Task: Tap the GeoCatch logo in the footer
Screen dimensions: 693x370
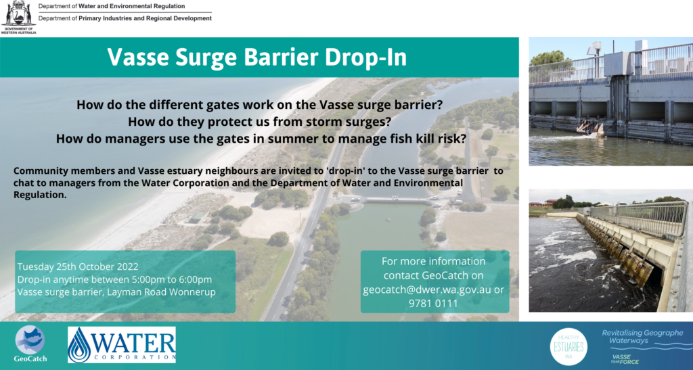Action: point(30,344)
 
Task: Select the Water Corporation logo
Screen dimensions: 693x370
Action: point(122,345)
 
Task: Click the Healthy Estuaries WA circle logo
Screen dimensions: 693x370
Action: point(568,346)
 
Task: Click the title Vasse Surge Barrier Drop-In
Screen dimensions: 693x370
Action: point(256,57)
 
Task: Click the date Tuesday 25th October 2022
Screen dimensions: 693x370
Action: point(78,267)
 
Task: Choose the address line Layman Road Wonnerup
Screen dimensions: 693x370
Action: point(161,292)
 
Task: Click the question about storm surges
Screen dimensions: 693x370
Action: point(259,122)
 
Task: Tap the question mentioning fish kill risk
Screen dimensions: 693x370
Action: point(261,139)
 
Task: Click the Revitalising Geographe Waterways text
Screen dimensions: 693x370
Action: point(642,336)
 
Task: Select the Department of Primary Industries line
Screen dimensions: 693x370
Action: point(125,18)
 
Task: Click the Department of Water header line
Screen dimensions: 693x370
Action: point(112,6)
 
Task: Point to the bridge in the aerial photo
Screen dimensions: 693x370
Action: point(397,201)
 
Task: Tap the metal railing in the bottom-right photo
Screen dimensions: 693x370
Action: point(639,218)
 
